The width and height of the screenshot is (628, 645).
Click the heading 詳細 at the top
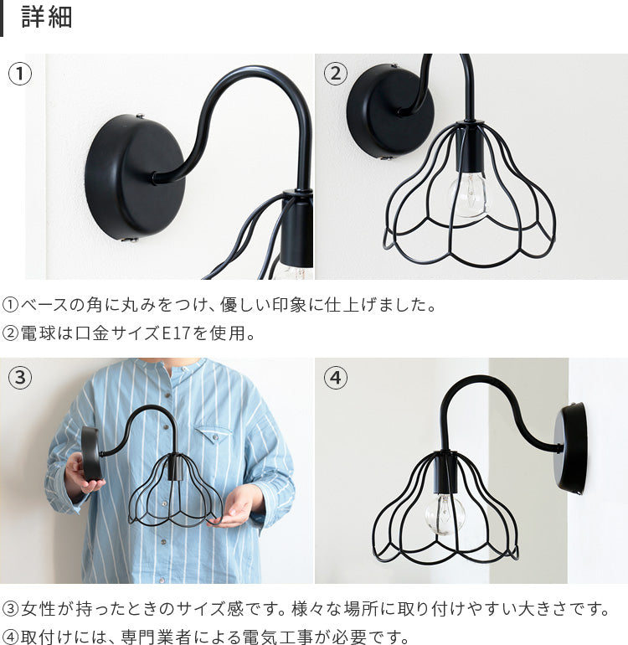click(47, 18)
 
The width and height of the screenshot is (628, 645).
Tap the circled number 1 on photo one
click(20, 74)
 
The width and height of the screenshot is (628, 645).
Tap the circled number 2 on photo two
click(336, 74)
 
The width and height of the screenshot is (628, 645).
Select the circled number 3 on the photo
click(20, 377)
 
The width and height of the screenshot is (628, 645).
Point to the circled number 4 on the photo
click(336, 377)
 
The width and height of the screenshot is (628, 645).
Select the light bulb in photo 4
click(445, 514)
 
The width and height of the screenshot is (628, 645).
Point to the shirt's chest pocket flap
click(212, 434)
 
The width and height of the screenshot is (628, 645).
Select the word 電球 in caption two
click(38, 333)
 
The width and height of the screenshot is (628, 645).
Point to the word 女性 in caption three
click(38, 609)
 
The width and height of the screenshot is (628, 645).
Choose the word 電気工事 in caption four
click(277, 637)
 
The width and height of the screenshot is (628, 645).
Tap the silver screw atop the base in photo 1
click(140, 116)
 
